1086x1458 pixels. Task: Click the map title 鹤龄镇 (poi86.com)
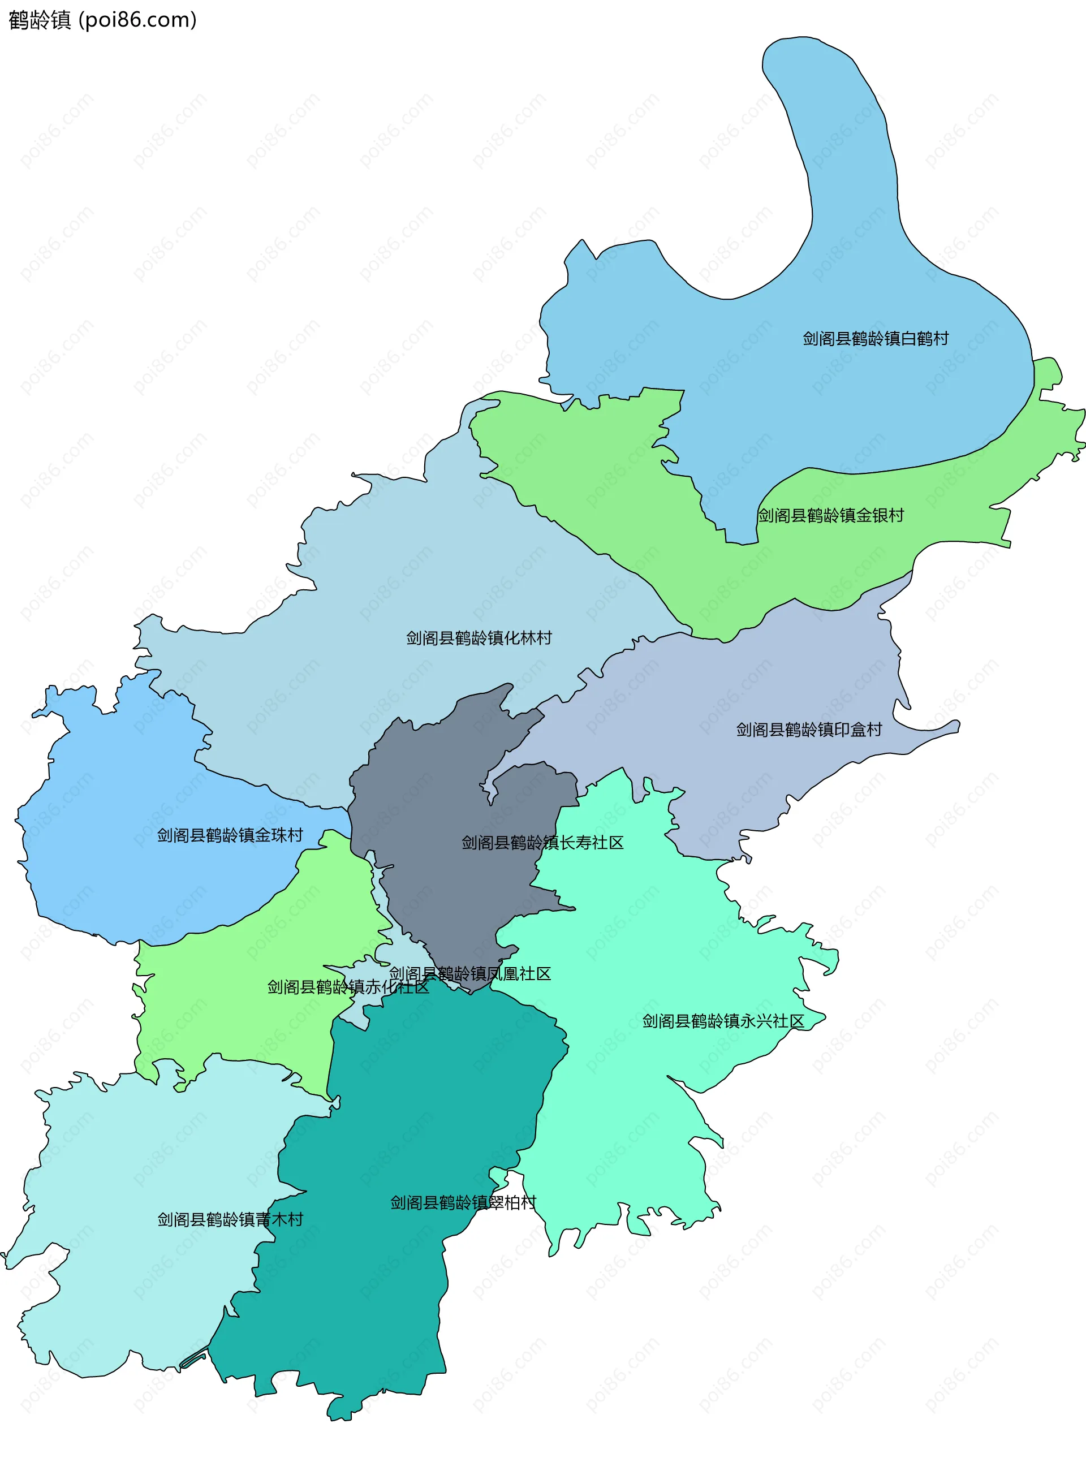click(x=102, y=20)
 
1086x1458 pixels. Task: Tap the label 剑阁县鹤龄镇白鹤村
click(x=875, y=339)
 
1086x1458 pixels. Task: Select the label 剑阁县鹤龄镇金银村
click(x=830, y=515)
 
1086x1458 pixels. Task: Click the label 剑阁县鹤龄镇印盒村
click(x=809, y=729)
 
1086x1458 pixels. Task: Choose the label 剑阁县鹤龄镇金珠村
click(x=230, y=835)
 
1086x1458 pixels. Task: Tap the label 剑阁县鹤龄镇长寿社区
click(x=542, y=842)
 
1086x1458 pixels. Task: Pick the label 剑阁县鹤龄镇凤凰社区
click(x=469, y=973)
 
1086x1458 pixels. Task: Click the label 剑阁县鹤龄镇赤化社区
click(x=348, y=987)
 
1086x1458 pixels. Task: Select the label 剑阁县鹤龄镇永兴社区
click(x=723, y=1021)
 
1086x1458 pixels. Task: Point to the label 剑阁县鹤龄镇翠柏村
click(x=463, y=1202)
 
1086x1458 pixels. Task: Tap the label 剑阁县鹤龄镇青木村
click(x=230, y=1219)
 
